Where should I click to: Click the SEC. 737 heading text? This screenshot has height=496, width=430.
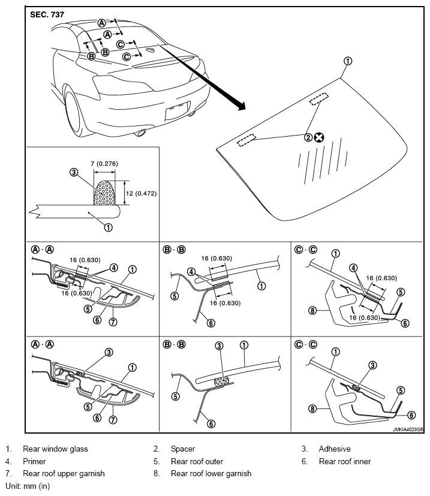pyautogui.click(x=47, y=14)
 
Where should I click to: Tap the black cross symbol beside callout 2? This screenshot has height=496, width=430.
pyautogui.click(x=319, y=137)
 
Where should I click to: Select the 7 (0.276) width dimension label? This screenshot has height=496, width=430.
pyautogui.click(x=104, y=164)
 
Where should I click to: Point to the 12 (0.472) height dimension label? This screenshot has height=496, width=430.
pyautogui.click(x=141, y=193)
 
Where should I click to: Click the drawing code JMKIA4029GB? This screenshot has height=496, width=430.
pyautogui.click(x=408, y=429)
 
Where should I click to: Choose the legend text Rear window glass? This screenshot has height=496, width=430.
pyautogui.click(x=55, y=449)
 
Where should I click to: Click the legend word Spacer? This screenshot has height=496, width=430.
pyautogui.click(x=183, y=449)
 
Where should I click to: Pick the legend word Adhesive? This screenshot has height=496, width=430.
pyautogui.click(x=335, y=449)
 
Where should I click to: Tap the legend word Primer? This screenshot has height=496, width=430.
pyautogui.click(x=34, y=461)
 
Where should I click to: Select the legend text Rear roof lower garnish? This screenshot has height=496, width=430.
pyautogui.click(x=211, y=474)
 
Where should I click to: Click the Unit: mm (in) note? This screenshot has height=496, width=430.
pyautogui.click(x=28, y=486)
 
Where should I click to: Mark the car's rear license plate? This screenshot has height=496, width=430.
pyautogui.click(x=178, y=110)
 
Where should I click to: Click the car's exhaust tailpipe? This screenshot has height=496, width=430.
pyautogui.click(x=140, y=133)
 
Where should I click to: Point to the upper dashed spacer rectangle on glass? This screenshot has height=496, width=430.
pyautogui.click(x=319, y=99)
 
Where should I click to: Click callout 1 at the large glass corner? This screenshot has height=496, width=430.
pyautogui.click(x=347, y=61)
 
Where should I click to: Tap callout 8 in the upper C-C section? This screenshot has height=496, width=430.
pyautogui.click(x=312, y=311)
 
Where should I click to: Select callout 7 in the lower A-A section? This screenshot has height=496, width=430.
pyautogui.click(x=113, y=420)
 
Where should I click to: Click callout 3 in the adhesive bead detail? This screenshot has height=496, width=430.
pyautogui.click(x=73, y=172)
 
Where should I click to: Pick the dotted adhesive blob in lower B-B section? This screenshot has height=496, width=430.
pyautogui.click(x=221, y=381)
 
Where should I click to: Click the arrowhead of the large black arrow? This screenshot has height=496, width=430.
pyautogui.click(x=240, y=106)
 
